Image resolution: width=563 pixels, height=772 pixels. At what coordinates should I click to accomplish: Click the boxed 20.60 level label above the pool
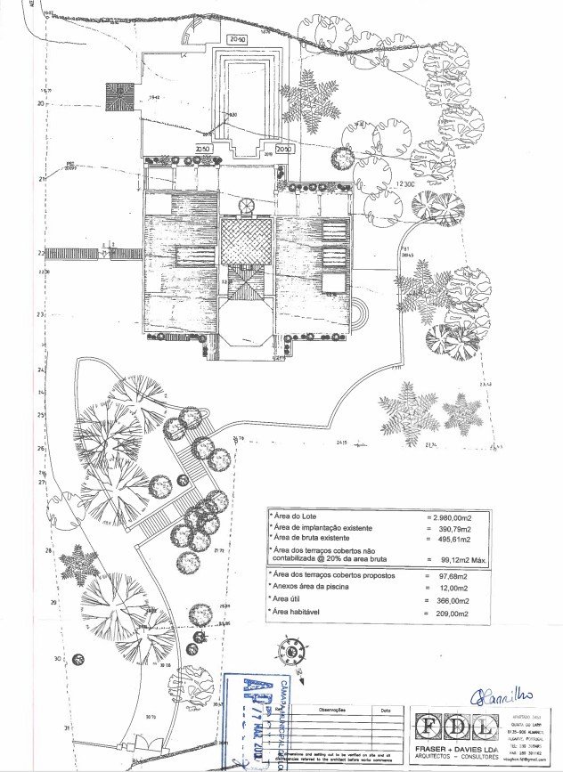[237, 40]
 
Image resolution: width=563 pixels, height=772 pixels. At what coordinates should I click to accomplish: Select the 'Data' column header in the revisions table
[384, 711]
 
